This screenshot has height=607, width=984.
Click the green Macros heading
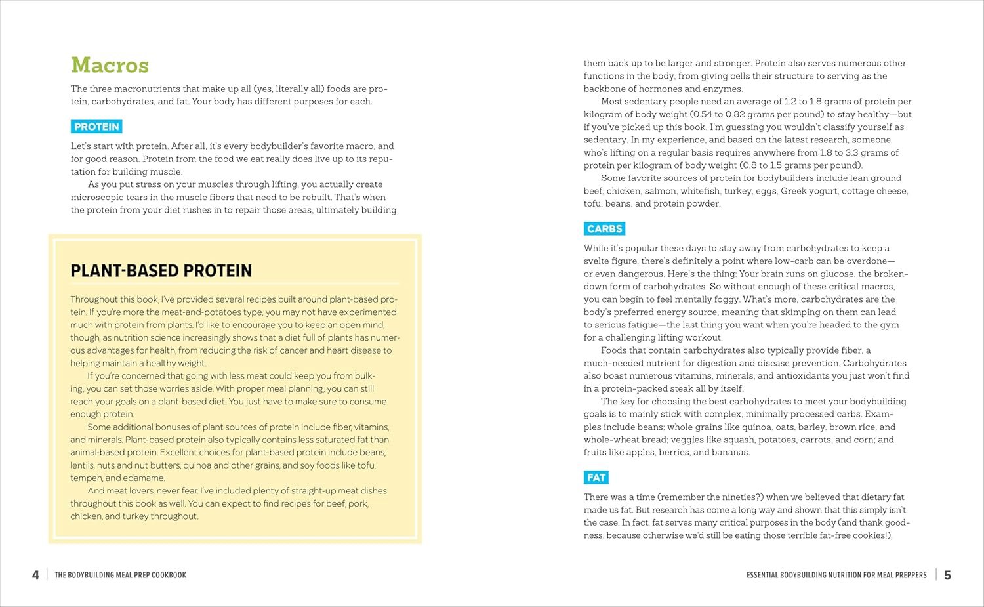tap(110, 65)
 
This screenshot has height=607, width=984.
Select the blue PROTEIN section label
tap(96, 127)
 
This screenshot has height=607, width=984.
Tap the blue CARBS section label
tap(604, 229)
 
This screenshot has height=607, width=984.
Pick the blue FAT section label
tap(596, 478)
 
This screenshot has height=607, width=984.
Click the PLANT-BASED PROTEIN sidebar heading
tap(161, 271)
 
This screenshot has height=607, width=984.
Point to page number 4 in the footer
tap(35, 575)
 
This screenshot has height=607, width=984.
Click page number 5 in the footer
tap(947, 575)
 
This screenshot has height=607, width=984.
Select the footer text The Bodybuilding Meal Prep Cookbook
tap(120, 575)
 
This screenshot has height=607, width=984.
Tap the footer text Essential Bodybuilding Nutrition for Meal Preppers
tap(836, 575)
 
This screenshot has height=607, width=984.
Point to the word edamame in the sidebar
tap(144, 478)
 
